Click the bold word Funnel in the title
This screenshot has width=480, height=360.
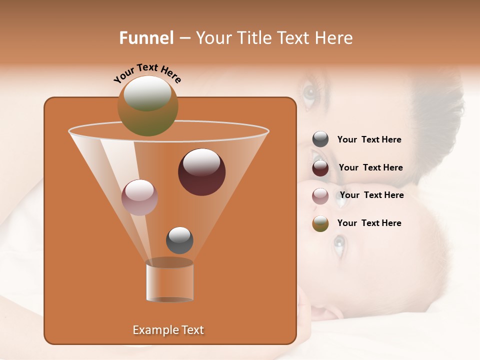click(146, 38)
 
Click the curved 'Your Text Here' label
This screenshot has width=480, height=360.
click(147, 73)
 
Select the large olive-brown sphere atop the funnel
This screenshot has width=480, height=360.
click(148, 105)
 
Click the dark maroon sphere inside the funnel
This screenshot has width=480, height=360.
click(202, 172)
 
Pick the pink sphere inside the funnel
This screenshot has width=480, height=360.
click(139, 197)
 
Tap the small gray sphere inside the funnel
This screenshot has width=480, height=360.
click(179, 240)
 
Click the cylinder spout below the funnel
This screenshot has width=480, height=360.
click(169, 281)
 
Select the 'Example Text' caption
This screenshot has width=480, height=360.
click(168, 330)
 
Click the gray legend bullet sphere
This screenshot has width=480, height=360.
click(320, 139)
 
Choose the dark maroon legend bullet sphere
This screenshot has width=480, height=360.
click(320, 168)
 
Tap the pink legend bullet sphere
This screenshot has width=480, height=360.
click(320, 195)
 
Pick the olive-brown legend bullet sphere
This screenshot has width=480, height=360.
click(320, 223)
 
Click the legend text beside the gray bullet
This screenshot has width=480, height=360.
click(369, 140)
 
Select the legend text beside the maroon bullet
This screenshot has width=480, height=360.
click(370, 167)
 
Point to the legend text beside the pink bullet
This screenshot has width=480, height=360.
click(371, 195)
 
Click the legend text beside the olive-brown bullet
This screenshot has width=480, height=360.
click(369, 223)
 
